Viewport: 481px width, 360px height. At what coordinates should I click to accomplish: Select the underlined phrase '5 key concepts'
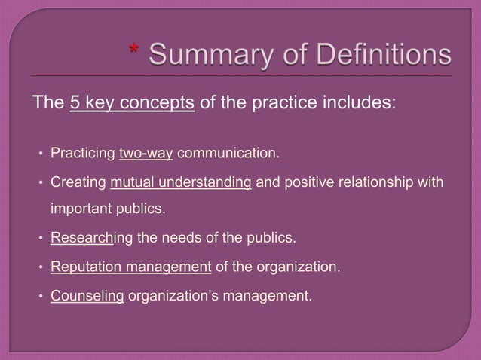coord(132,103)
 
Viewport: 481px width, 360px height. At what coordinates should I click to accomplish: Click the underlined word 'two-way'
coord(146,155)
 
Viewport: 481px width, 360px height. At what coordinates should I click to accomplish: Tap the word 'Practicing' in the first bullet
coord(83,155)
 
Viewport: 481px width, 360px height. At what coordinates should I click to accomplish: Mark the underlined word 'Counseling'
coord(87,295)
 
